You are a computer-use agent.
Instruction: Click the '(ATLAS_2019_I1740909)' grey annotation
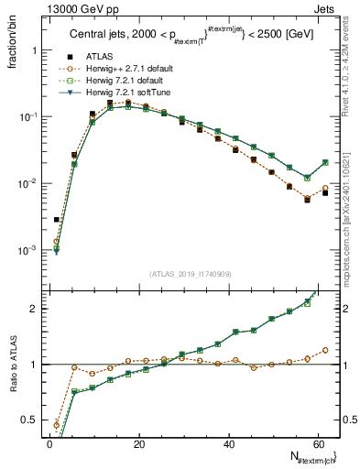point(190,273)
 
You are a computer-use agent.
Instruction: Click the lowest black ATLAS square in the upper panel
point(57,220)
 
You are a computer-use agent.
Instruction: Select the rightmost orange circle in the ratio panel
point(325,350)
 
